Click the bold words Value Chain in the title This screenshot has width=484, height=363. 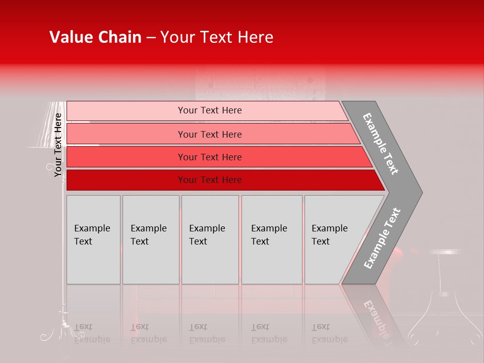click(x=95, y=37)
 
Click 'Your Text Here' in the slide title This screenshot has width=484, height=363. click(x=217, y=37)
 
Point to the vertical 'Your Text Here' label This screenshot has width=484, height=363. click(x=58, y=145)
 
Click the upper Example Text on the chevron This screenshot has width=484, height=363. click(x=381, y=144)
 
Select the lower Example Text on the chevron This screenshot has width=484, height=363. click(x=382, y=238)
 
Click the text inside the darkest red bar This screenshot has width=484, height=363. click(x=210, y=180)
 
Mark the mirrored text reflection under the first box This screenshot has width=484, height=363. click(x=92, y=333)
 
